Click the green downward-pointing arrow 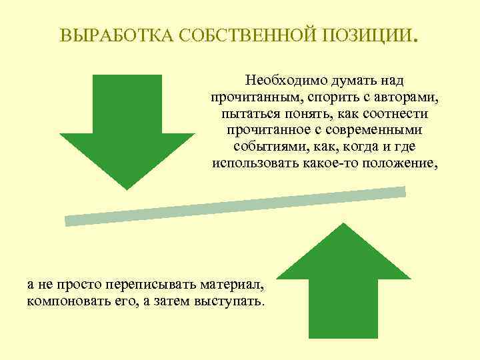click(127, 127)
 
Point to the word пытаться click(246, 114)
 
